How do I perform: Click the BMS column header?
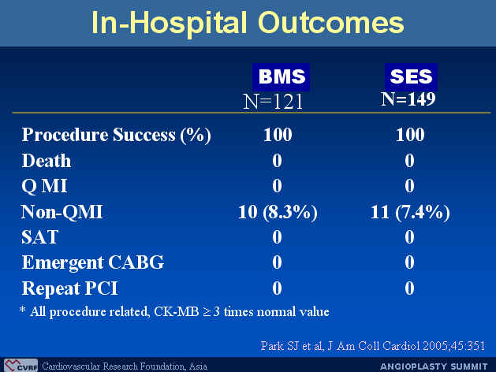click(x=282, y=76)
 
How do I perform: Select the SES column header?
click(x=411, y=76)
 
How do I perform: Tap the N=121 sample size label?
click(x=273, y=102)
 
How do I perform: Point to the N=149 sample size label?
click(x=408, y=99)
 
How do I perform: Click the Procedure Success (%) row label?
click(x=117, y=136)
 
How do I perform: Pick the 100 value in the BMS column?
click(x=278, y=135)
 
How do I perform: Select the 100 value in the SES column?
click(x=410, y=135)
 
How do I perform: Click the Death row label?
click(x=47, y=161)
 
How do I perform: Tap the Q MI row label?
click(x=44, y=186)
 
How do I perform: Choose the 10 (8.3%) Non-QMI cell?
click(x=278, y=212)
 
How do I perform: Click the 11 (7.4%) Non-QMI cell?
click(x=410, y=212)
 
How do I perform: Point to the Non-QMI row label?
click(x=62, y=212)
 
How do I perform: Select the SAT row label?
click(x=40, y=237)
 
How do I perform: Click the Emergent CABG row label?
click(x=93, y=262)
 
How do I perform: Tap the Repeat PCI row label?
click(x=69, y=288)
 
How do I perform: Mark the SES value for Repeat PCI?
click(x=409, y=288)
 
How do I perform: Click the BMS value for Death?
click(x=277, y=161)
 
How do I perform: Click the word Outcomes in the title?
click(x=331, y=23)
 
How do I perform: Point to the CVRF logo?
click(x=21, y=366)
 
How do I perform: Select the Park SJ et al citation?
click(x=373, y=346)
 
